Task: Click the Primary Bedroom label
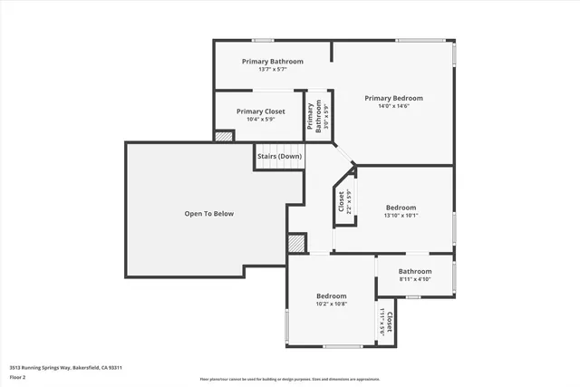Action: point(393,98)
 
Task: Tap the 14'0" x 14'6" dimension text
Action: point(393,106)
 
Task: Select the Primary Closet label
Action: point(261,111)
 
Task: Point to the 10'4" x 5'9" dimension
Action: point(261,120)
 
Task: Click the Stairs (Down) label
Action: point(279,156)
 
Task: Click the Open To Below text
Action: point(209,214)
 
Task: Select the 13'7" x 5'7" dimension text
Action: point(272,70)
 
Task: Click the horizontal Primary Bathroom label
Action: point(272,62)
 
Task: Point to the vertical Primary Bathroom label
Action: point(311,118)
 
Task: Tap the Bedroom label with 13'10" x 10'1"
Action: point(401,208)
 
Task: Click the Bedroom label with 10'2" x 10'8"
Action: point(331,296)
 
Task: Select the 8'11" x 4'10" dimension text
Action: point(415,279)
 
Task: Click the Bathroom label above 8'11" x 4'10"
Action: point(415,271)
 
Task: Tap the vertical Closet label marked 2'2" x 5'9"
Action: point(342,200)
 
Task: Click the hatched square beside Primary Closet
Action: point(224,136)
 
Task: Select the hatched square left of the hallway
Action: point(296,243)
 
